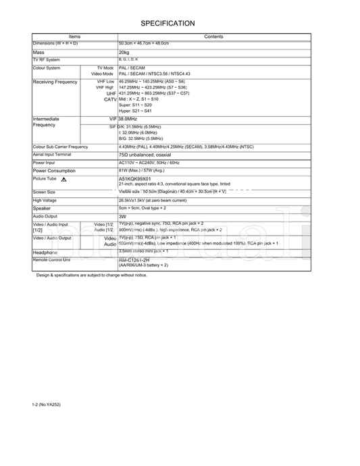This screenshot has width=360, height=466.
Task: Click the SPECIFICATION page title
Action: tap(168, 23)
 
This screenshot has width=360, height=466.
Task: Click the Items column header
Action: tap(74, 36)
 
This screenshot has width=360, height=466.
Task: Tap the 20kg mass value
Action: tap(124, 51)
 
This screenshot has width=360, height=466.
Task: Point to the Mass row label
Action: tap(38, 51)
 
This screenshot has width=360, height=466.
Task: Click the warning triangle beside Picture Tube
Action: tap(63, 180)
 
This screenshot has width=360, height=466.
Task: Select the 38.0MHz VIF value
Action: tap(132, 118)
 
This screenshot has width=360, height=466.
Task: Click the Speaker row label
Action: tap(42, 209)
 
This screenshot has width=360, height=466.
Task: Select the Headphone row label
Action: tap(45, 253)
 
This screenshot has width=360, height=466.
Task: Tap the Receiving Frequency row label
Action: tap(56, 82)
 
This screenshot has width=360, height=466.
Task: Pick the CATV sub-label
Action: tap(111, 99)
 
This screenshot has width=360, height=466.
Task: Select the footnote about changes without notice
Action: tap(91, 275)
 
